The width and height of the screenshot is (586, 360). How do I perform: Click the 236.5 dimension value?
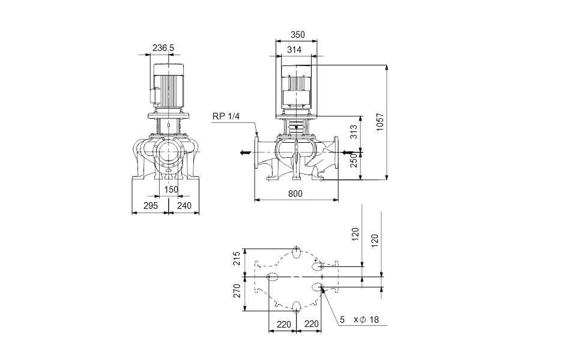[x=163, y=47]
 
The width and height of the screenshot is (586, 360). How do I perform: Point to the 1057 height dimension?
[x=380, y=122]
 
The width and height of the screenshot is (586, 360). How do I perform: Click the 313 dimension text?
[x=354, y=131]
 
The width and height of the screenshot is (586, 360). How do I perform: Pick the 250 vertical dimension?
[x=354, y=160]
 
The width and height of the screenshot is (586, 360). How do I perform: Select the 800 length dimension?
[x=295, y=193]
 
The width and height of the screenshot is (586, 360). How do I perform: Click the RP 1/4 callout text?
[x=226, y=116]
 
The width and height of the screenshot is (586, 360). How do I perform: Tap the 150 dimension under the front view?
[x=172, y=190]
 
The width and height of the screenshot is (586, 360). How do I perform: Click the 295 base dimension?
[x=150, y=206]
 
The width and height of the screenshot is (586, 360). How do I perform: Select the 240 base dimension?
[x=184, y=206]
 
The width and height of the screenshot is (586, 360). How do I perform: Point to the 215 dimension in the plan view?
[x=237, y=259]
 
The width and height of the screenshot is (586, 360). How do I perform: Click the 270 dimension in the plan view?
[x=237, y=290]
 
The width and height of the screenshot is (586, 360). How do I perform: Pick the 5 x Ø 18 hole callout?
[x=359, y=320]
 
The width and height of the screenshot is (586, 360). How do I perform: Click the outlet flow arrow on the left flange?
[x=245, y=152]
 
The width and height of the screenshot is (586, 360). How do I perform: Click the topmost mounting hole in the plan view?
[x=296, y=250]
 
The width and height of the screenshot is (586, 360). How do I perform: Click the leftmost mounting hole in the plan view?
[x=273, y=277]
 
